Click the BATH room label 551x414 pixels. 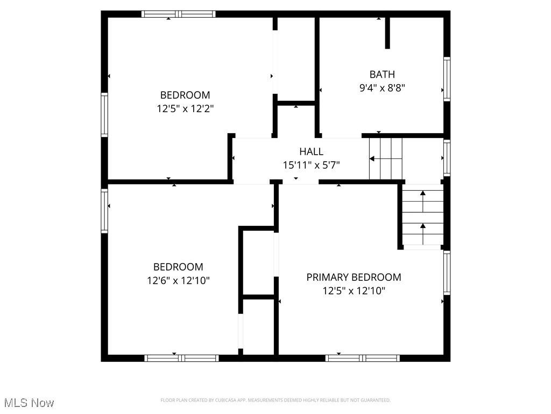[x=382, y=74]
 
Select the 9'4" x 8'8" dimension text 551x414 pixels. [x=382, y=88]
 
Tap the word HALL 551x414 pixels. [x=311, y=152]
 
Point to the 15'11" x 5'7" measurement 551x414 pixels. [x=311, y=165]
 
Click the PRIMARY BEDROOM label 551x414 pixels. [x=354, y=277]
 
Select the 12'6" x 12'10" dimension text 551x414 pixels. [x=178, y=280]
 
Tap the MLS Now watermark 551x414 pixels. [x=29, y=403]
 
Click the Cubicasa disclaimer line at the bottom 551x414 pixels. [x=275, y=400]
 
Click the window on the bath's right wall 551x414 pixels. [x=447, y=79]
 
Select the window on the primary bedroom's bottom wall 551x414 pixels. [x=362, y=358]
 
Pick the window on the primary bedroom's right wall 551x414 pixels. [x=447, y=273]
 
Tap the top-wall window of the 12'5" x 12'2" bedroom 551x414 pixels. [x=178, y=14]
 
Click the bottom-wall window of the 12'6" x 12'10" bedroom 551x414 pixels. [x=181, y=358]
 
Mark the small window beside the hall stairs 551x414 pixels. [x=447, y=158]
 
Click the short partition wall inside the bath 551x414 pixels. [x=387, y=33]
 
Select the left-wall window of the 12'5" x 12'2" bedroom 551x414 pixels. [x=104, y=114]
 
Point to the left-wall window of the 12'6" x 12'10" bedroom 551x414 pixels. [x=104, y=210]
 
